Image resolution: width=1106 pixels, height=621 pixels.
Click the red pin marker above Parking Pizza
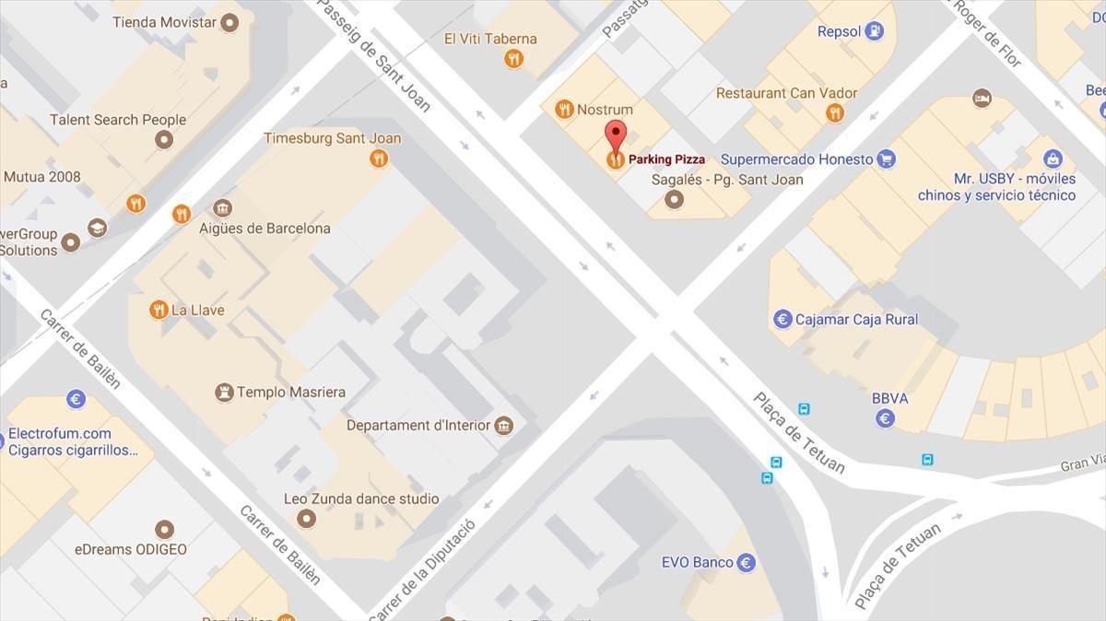616,135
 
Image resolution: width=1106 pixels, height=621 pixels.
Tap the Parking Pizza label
666,159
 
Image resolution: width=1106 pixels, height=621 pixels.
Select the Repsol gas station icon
874,31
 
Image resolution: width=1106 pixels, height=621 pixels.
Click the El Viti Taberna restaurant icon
513,59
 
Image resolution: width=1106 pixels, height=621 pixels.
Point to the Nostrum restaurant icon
564,110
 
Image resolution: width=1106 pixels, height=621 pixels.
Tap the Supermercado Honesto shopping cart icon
886,159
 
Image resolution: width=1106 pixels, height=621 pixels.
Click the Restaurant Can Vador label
786,93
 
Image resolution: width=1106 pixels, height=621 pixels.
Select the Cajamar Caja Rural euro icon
782,320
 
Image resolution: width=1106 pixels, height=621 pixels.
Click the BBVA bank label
889,398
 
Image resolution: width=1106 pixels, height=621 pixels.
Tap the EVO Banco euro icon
746,562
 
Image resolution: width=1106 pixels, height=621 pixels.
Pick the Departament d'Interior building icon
503,425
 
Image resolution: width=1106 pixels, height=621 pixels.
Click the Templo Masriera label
290,392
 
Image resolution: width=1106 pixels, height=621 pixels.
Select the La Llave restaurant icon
159,310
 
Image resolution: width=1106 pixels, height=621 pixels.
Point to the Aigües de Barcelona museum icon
221,208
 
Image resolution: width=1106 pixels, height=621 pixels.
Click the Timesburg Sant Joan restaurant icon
378,158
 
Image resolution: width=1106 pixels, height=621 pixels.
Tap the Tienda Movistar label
164,22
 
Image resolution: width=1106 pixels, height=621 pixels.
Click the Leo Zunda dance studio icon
306,519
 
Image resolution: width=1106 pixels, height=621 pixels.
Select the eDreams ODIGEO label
131,549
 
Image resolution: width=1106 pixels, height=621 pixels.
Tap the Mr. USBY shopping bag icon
1053,158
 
